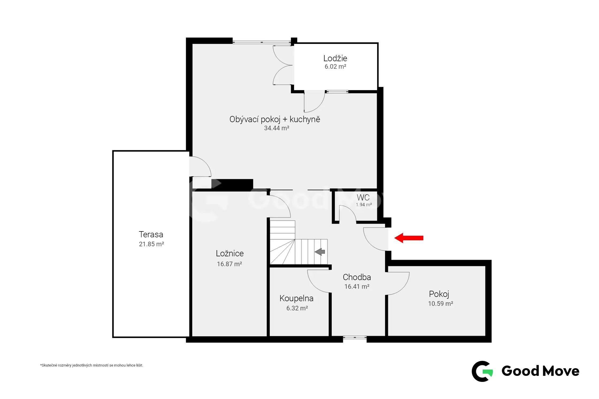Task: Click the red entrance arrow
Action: click(x=409, y=238)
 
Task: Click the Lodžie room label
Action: click(x=335, y=58)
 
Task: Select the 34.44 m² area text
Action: click(x=277, y=128)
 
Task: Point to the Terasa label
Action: click(x=151, y=234)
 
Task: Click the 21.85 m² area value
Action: click(x=151, y=244)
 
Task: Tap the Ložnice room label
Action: click(x=230, y=253)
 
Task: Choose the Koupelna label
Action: click(x=296, y=299)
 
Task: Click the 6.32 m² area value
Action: click(x=297, y=308)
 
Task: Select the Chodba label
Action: click(x=357, y=277)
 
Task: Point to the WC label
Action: click(x=363, y=197)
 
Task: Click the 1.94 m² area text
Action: click(x=364, y=205)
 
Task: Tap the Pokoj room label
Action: click(x=439, y=294)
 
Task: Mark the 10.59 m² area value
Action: click(x=440, y=304)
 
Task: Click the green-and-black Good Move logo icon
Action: click(x=482, y=371)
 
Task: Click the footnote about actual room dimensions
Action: click(x=92, y=365)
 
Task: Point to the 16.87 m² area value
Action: click(x=229, y=264)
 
